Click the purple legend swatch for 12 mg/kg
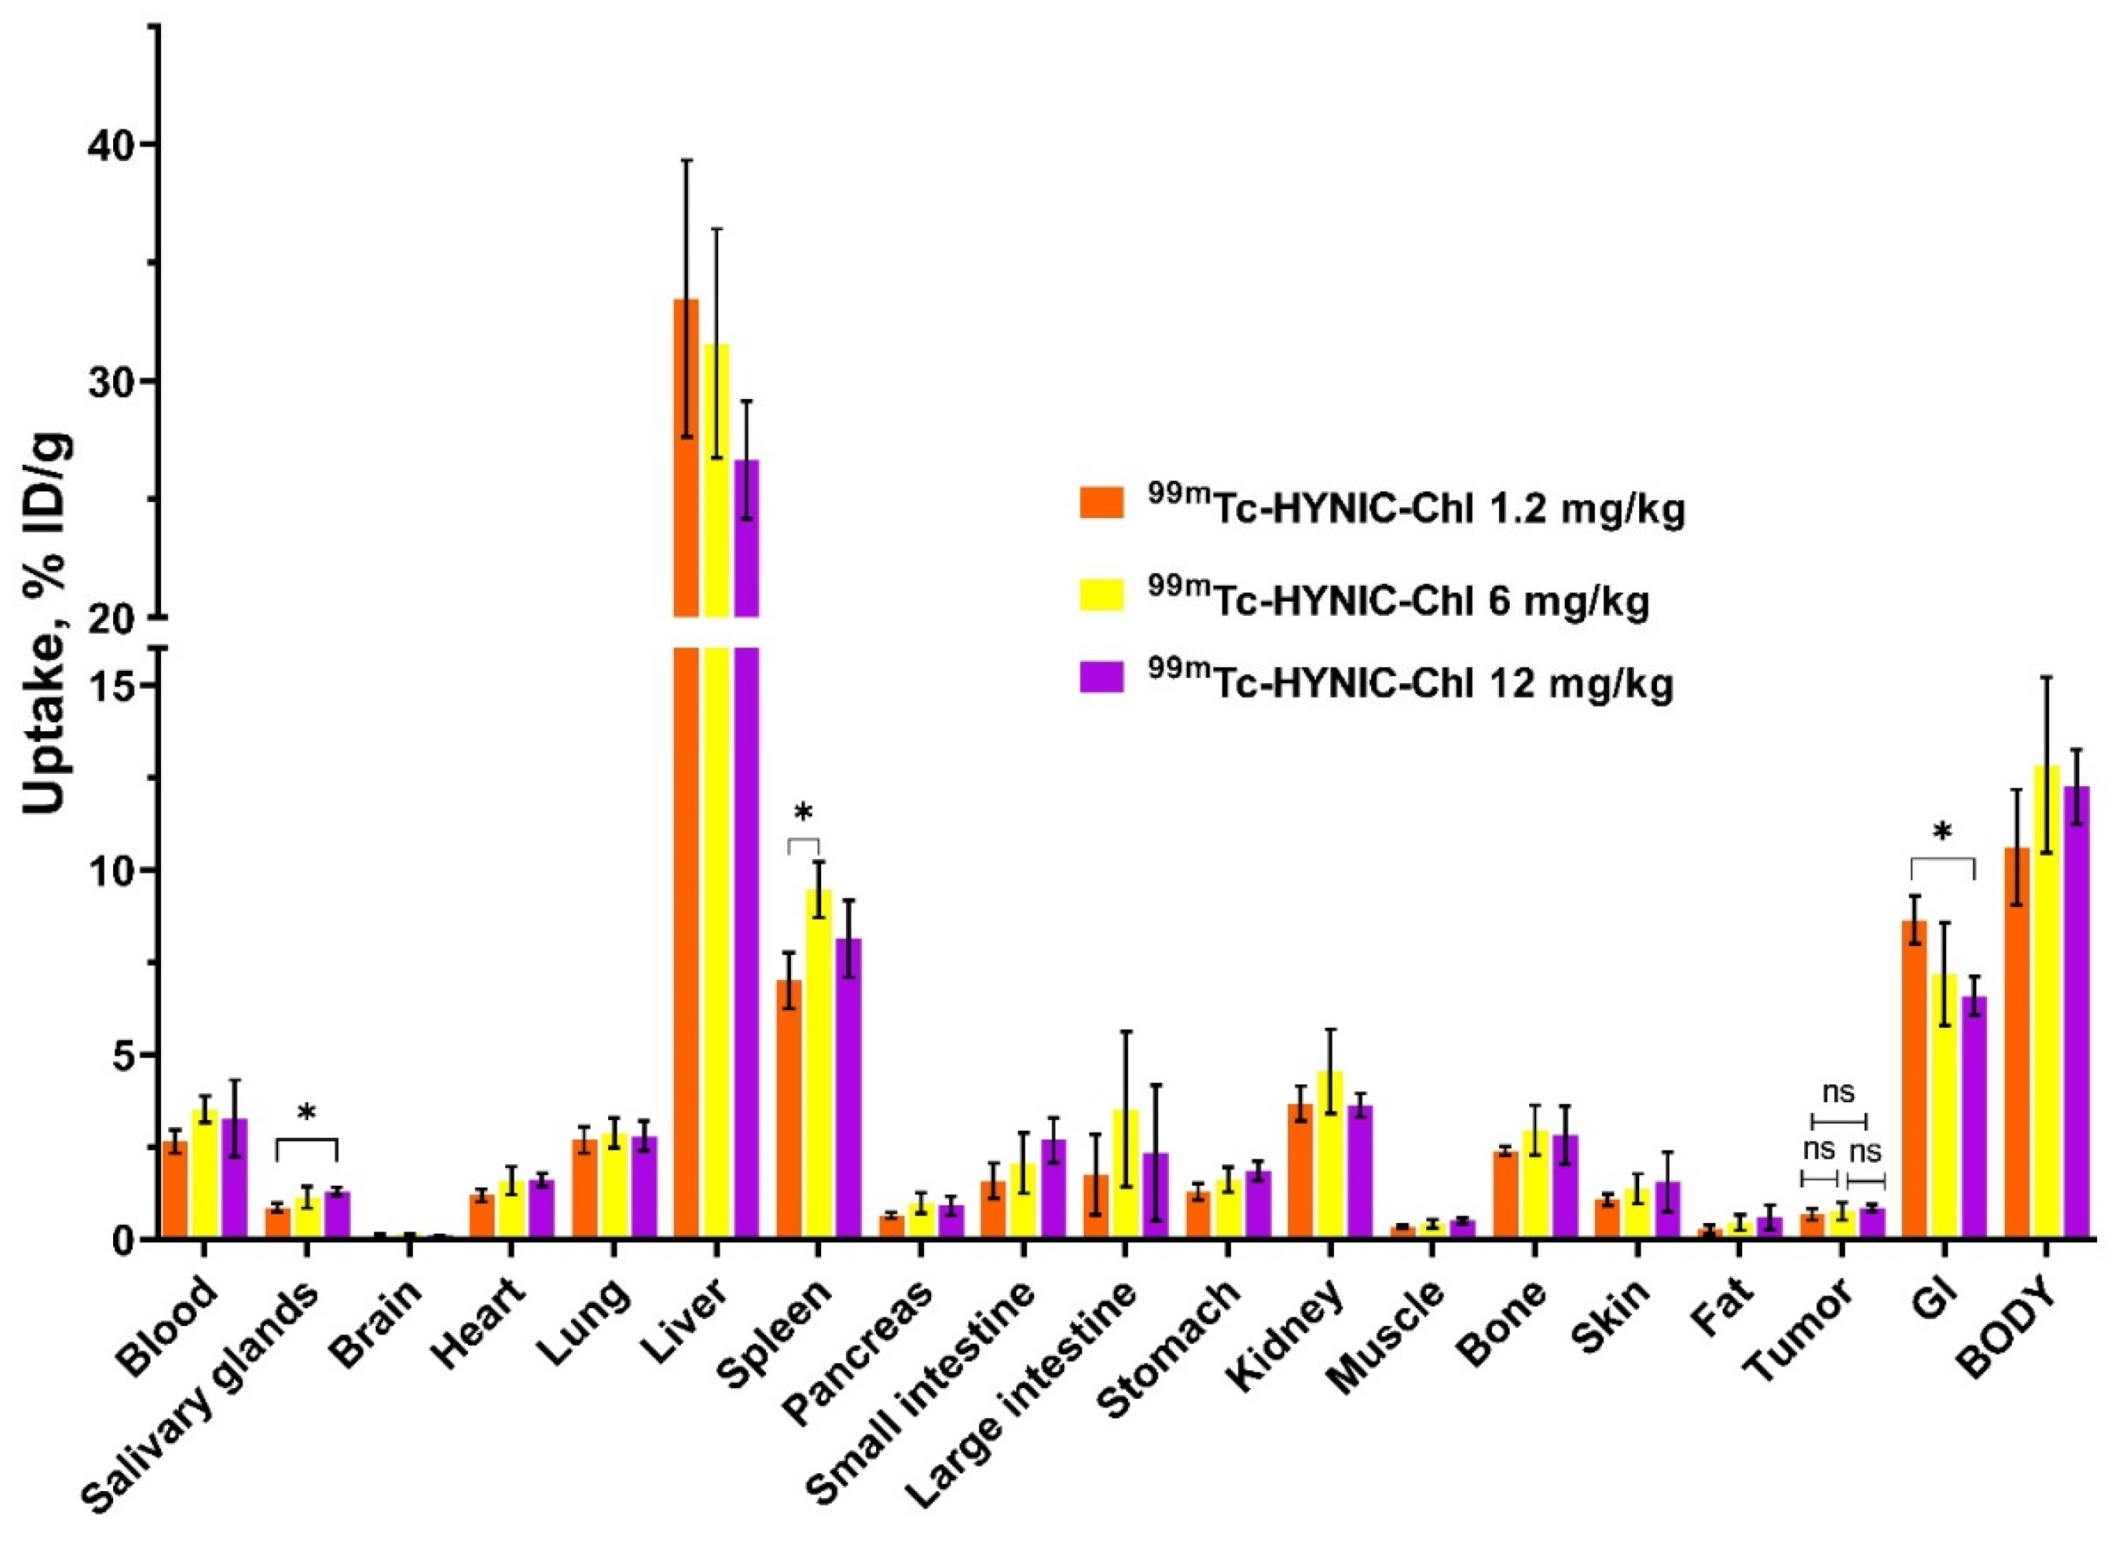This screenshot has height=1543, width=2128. [1102, 676]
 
